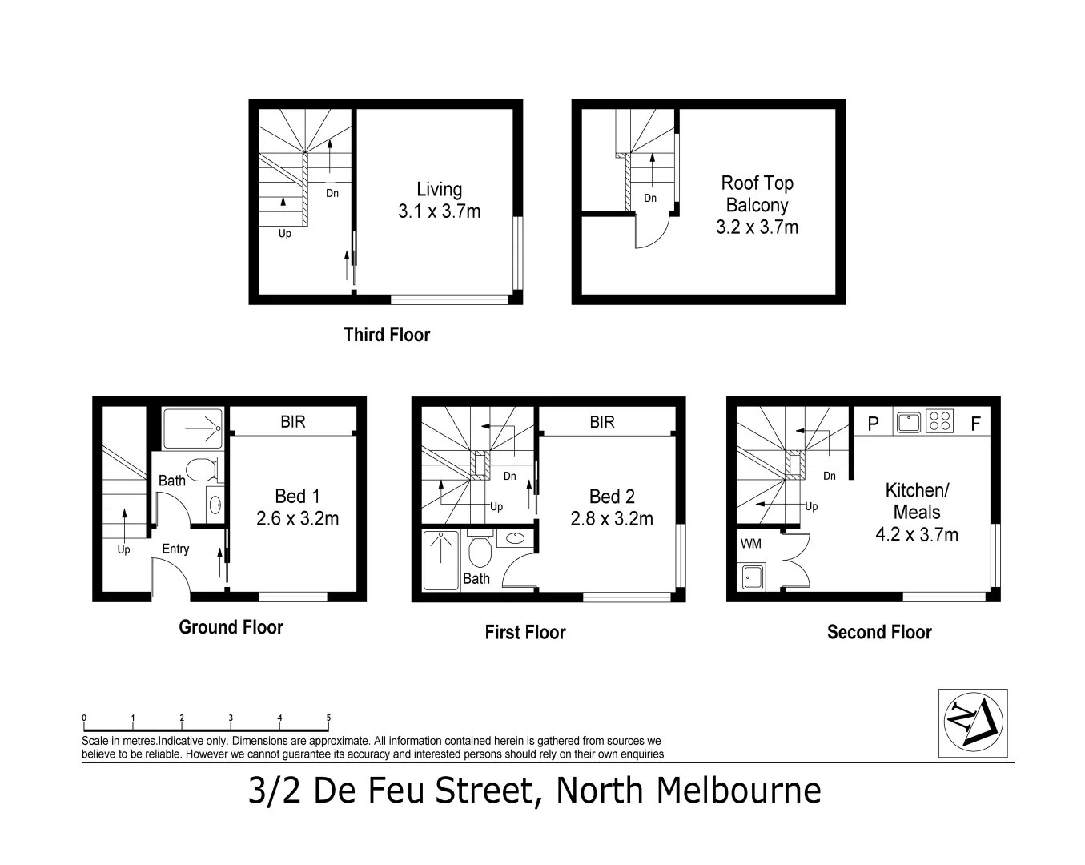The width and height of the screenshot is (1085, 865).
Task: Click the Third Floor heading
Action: tap(387, 335)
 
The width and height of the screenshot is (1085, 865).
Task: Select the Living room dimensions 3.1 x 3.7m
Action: tap(439, 212)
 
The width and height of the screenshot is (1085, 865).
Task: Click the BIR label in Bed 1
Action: tap(293, 421)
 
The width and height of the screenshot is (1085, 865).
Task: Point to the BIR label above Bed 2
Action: tap(602, 421)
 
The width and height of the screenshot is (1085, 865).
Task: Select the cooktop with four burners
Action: tap(941, 421)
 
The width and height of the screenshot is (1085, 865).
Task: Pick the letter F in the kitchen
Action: tap(975, 424)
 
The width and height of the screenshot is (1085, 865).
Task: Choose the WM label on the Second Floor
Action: tap(751, 544)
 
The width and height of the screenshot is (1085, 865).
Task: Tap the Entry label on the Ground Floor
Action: tap(175, 549)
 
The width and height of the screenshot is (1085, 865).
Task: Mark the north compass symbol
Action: tap(972, 722)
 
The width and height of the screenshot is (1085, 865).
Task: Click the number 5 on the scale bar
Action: tap(328, 718)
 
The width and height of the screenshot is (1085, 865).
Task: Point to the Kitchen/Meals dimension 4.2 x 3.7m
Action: tap(917, 535)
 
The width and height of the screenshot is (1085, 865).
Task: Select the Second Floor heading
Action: tap(879, 633)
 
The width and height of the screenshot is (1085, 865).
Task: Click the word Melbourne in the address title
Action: tap(739, 791)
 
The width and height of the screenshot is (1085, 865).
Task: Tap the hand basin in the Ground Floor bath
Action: tap(215, 505)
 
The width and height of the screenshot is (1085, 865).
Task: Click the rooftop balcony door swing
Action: tap(649, 232)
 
